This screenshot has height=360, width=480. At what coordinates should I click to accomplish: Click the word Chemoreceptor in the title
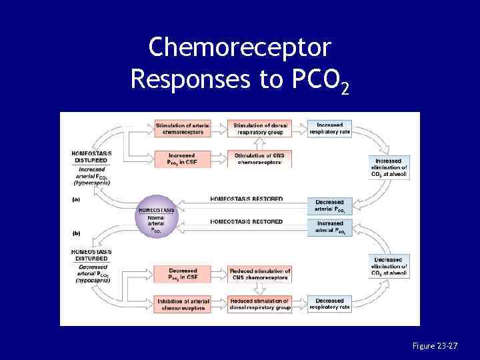pyautogui.click(x=239, y=47)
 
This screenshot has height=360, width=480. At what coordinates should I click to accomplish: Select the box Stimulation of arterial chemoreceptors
pyautogui.click(x=183, y=128)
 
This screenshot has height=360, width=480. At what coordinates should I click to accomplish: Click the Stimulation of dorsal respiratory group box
pyautogui.click(x=259, y=128)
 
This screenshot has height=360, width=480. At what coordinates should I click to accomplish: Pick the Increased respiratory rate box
pyautogui.click(x=330, y=128)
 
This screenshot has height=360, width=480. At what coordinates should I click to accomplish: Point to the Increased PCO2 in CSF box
pyautogui.click(x=183, y=159)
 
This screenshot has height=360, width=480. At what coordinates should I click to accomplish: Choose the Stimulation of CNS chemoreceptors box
pyautogui.click(x=259, y=159)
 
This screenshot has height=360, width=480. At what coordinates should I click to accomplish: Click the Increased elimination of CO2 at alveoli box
pyautogui.click(x=389, y=168)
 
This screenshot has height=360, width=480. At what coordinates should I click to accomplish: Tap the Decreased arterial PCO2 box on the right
pyautogui.click(x=330, y=206)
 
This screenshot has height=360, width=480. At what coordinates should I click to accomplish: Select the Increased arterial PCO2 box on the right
pyautogui.click(x=330, y=227)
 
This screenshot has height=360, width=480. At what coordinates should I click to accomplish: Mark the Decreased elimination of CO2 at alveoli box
pyautogui.click(x=389, y=267)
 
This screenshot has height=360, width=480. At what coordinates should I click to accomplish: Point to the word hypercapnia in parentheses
pyautogui.click(x=91, y=181)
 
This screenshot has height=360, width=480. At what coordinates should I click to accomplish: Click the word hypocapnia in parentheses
pyautogui.click(x=91, y=281)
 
